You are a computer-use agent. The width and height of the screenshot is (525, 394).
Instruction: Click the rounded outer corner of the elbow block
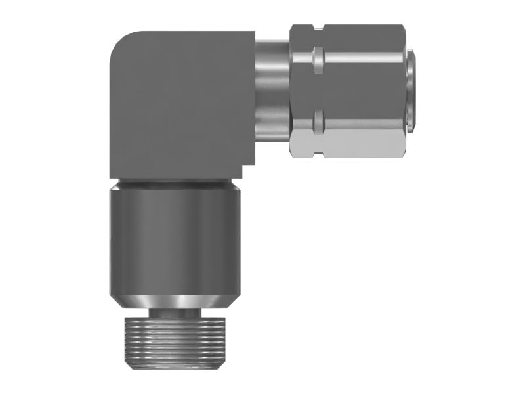(x=119, y=41)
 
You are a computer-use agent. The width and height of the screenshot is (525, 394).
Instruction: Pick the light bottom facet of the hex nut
(x=348, y=141)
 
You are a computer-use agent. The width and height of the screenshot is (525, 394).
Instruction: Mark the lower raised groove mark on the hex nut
(x=318, y=119)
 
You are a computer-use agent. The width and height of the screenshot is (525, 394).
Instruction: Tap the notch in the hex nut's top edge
(x=318, y=26)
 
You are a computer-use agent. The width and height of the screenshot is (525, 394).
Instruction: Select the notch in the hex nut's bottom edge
(x=318, y=155)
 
